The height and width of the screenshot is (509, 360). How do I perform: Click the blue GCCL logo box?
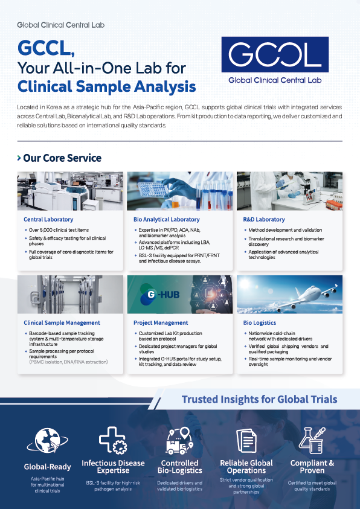point(275,54)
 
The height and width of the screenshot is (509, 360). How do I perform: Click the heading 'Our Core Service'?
point(62,158)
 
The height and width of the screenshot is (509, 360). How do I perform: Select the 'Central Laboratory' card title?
point(48,219)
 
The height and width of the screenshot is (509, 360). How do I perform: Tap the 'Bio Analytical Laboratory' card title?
point(167,219)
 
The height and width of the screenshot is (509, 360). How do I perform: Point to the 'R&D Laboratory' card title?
point(264,219)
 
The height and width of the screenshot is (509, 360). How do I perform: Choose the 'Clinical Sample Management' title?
point(62,322)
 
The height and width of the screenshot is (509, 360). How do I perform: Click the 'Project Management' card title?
point(161,322)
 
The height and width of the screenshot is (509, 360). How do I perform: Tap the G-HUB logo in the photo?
point(159,295)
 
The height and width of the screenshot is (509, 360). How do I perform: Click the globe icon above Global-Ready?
point(47,441)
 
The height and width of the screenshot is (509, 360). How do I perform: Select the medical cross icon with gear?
point(112,440)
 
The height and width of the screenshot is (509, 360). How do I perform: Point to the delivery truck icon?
point(179,441)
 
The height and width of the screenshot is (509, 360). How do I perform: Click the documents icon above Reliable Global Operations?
point(246,441)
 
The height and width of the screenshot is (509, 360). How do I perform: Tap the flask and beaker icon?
point(312,441)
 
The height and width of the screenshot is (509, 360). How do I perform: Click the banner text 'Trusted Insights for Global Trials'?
point(259,399)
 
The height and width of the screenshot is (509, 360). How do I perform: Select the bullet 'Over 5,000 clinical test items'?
point(59,230)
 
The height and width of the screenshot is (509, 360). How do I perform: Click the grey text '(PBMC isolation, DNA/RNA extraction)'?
point(68,362)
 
